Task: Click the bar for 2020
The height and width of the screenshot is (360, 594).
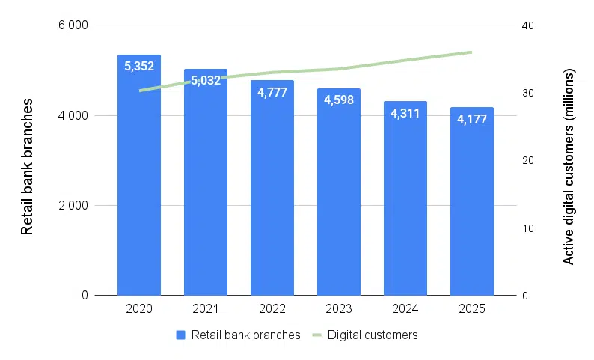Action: (139, 187)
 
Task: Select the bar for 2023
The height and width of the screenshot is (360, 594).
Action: (339, 202)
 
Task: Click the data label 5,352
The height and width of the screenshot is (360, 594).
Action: (139, 66)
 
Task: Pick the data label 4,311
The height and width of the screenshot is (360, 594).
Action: (405, 114)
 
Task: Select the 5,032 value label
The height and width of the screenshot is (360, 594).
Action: (206, 80)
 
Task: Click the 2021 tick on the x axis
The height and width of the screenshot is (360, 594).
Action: (206, 308)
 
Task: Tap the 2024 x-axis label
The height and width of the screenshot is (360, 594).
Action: (405, 308)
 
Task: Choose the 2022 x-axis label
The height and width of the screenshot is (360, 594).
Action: (272, 308)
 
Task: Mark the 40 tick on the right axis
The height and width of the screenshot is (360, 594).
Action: (527, 25)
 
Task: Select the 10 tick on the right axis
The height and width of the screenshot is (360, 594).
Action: (527, 228)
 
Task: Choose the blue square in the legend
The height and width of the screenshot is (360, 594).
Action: (180, 335)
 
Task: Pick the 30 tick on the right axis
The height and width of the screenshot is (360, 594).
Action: (527, 93)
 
